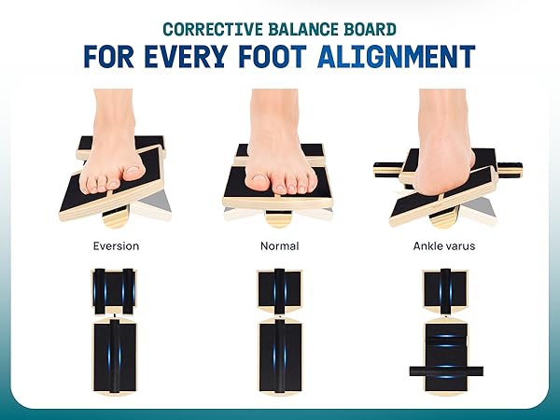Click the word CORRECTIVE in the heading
pos(213,29)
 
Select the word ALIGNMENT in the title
pos(397,56)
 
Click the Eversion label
pos(116,246)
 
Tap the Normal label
pos(280,246)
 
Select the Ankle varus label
pos(444,246)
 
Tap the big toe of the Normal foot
pos(258,180)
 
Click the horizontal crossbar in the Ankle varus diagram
pos(446,371)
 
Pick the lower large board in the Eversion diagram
pos(115,357)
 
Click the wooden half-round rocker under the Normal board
pos(278,217)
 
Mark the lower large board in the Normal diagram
pos(280,357)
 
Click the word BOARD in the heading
pos(370,29)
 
